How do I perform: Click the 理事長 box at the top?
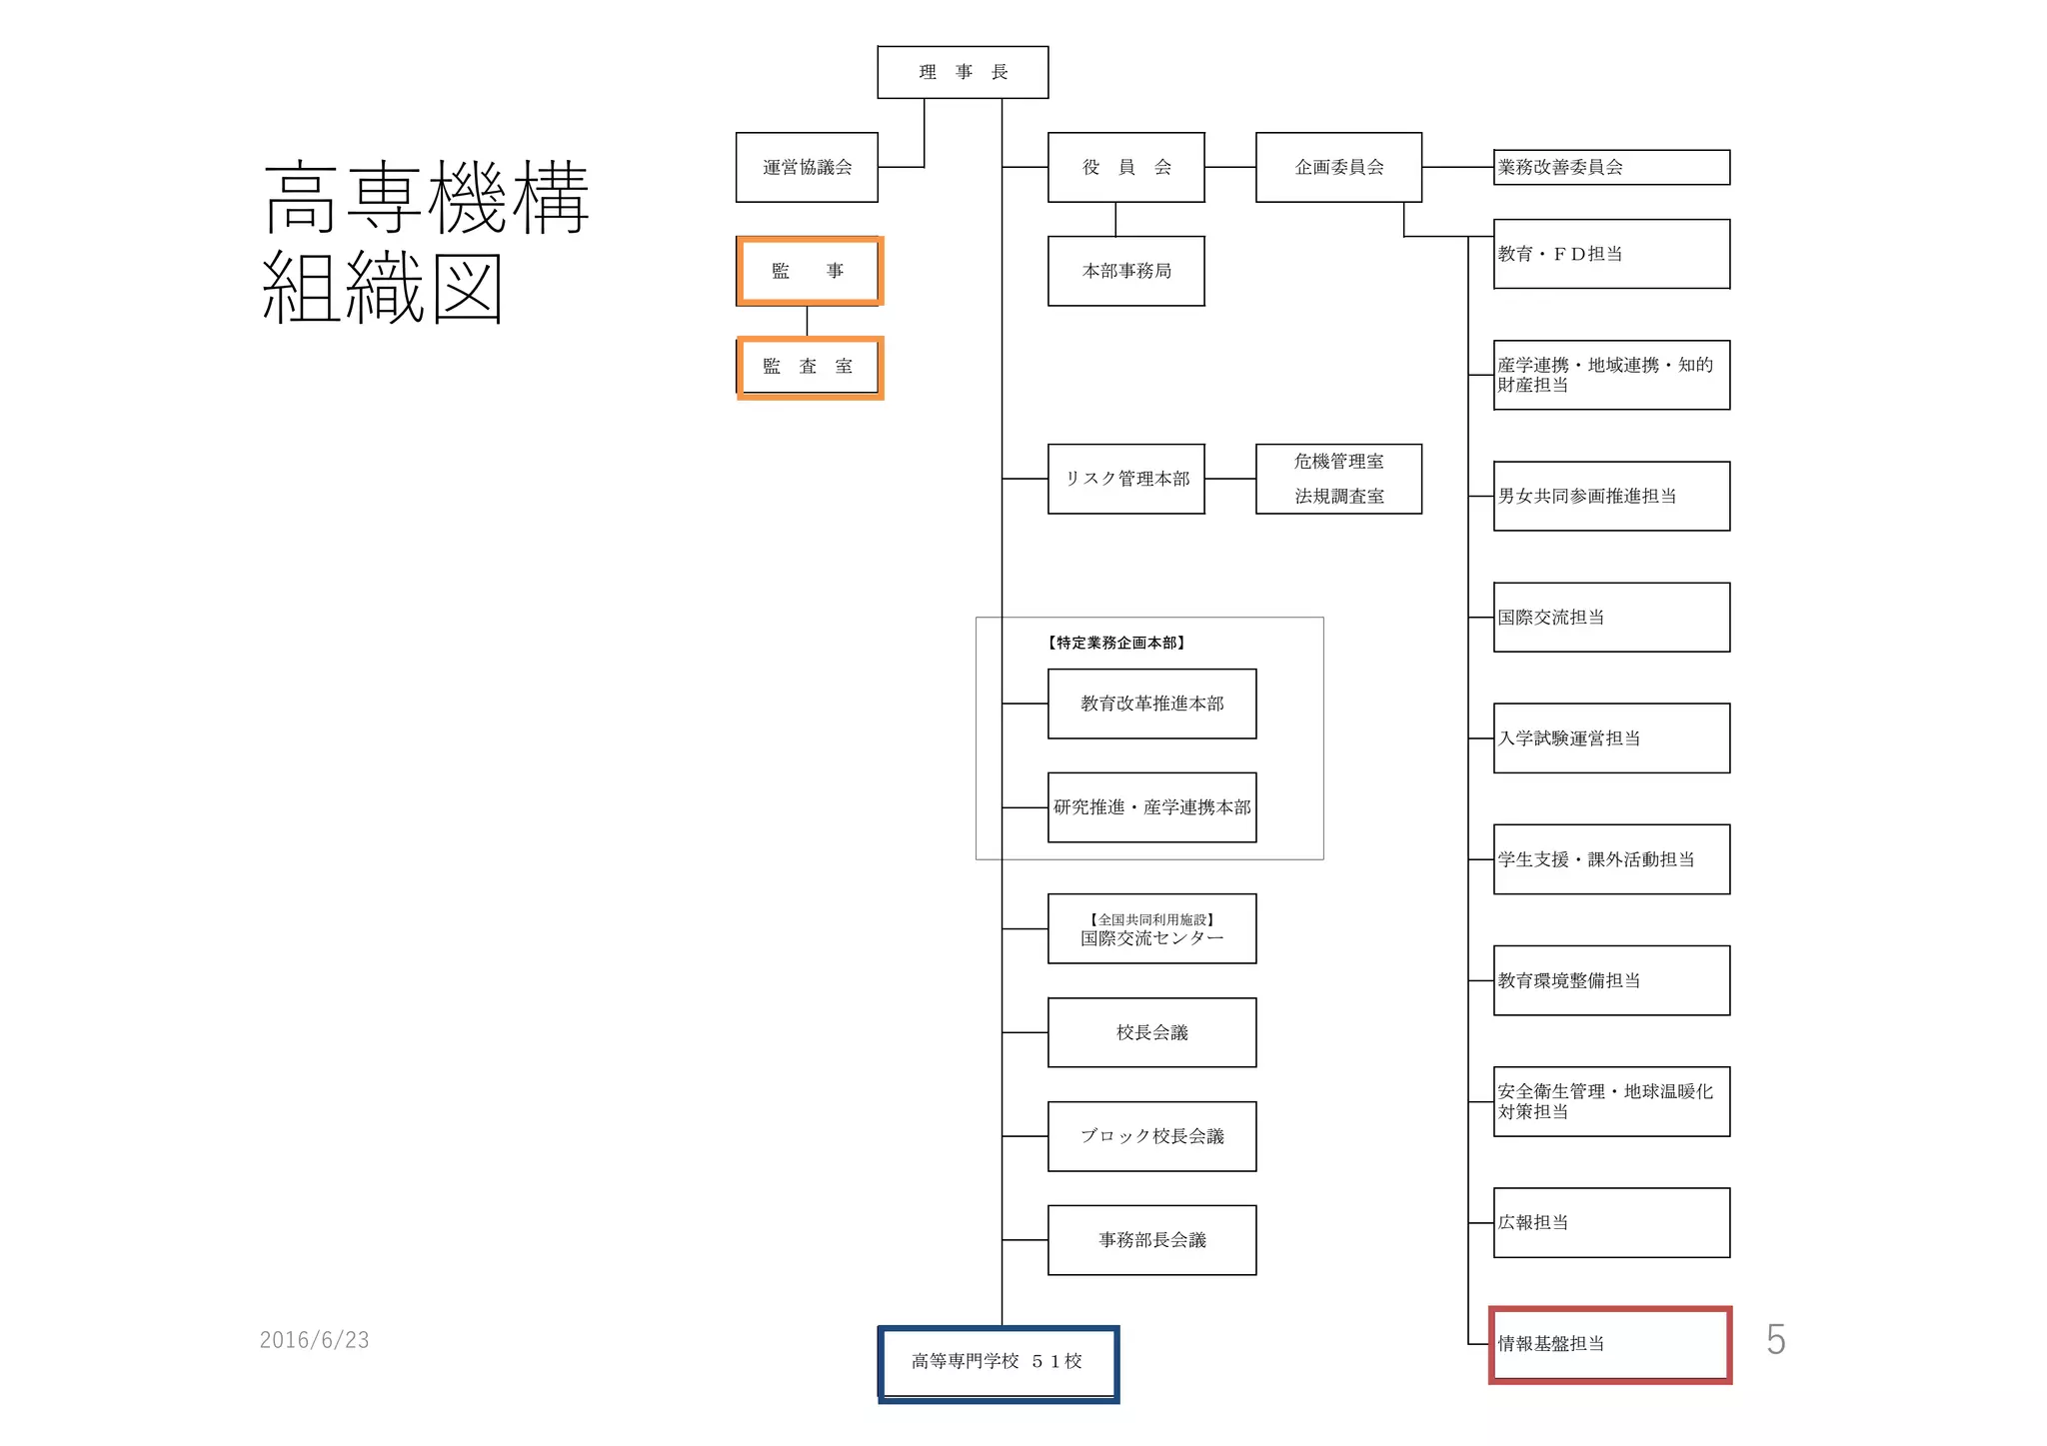(x=963, y=72)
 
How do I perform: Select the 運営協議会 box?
(x=807, y=167)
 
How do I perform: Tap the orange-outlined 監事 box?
(x=809, y=271)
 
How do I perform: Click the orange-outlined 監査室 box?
(x=809, y=367)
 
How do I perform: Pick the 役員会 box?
(x=1125, y=167)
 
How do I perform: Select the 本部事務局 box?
(x=1125, y=271)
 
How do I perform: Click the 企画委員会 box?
(x=1338, y=167)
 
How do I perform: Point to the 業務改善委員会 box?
(x=1610, y=167)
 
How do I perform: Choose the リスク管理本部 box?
(x=1125, y=479)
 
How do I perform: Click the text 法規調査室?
(x=1338, y=496)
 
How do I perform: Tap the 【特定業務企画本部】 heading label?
(x=1115, y=643)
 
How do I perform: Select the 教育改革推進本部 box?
(x=1151, y=704)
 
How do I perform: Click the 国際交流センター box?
(x=1151, y=929)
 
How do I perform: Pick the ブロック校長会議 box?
(x=1151, y=1136)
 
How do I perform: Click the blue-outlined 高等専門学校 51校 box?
(x=998, y=1362)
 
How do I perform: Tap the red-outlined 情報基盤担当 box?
(x=1610, y=1344)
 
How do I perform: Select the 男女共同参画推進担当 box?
(x=1610, y=496)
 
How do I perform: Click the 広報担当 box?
(x=1610, y=1222)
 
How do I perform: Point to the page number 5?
(x=1775, y=1340)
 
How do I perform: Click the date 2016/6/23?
(x=314, y=1340)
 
